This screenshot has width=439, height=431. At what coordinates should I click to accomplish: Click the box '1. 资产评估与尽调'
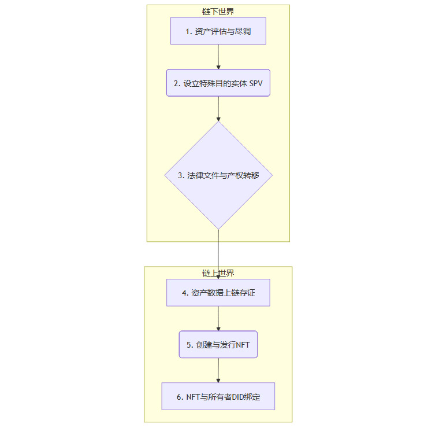coord(218,31)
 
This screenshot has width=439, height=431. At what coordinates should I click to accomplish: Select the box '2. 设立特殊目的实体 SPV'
coord(218,83)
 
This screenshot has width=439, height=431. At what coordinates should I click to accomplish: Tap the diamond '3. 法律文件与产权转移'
coord(218,175)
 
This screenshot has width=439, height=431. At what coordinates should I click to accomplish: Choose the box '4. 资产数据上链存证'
coord(218,293)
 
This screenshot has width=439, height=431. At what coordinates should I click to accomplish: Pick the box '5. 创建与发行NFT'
coord(218,344)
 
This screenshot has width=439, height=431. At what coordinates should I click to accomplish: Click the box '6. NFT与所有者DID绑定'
coord(218,396)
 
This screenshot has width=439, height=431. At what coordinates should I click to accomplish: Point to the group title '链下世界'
coord(218,12)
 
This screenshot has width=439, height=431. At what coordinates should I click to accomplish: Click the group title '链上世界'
coord(218,273)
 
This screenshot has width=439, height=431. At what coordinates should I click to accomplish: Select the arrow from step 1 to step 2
coord(218,57)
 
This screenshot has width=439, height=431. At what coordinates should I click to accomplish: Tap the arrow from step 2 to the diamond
coord(218,108)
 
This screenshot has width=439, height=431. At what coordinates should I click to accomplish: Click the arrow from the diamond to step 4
coord(218,255)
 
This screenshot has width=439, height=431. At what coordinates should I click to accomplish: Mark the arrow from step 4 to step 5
coord(218,318)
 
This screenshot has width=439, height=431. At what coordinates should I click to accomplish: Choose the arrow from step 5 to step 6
coord(218,370)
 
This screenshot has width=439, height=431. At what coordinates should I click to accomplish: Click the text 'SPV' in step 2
coord(255,83)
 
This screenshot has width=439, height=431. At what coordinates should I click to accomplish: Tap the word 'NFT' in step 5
coord(243,345)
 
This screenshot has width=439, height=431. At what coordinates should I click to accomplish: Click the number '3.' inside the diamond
coord(181,175)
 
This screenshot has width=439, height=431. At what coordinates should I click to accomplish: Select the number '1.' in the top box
coord(189,32)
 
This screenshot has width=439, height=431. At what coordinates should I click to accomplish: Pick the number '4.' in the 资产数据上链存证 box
coord(185,293)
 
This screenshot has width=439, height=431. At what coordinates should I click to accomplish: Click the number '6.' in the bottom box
coord(180,397)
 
